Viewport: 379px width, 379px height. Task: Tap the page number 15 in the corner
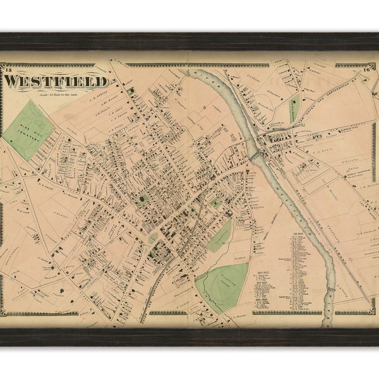(x=6, y=66)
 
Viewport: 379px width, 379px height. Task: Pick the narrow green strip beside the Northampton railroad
(x=293, y=111)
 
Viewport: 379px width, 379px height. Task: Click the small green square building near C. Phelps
(x=131, y=92)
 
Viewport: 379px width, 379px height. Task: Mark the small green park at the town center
(x=153, y=238)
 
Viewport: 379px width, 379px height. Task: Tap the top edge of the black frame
(x=189, y=42)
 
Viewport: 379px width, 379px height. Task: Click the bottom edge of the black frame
(x=189, y=337)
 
